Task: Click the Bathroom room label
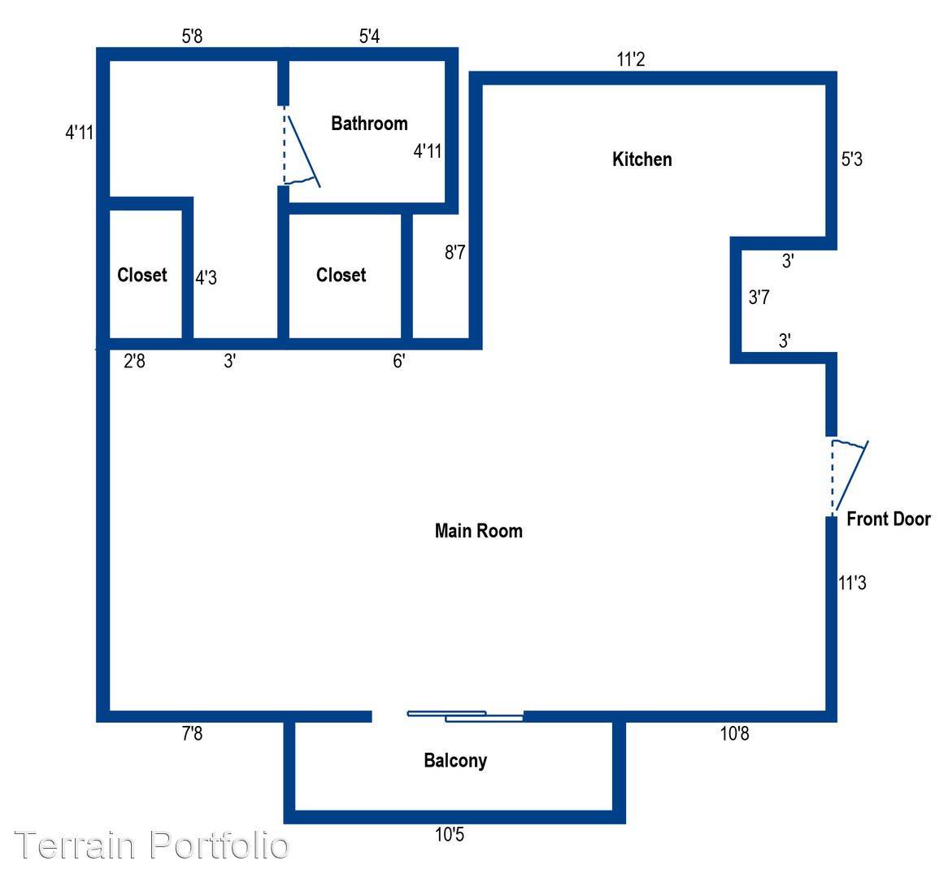point(369,124)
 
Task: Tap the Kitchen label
point(642,159)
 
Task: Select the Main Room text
point(479,531)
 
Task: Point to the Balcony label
point(455,761)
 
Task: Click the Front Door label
point(888,519)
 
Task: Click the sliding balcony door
point(465,716)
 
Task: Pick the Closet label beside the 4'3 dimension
point(142,275)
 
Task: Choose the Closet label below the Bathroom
point(341,275)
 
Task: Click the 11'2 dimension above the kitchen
point(631,59)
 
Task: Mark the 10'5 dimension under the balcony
point(450,835)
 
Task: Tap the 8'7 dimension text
point(455,251)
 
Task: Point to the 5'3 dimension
point(852,159)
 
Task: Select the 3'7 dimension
point(759,298)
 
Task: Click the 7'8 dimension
point(192,733)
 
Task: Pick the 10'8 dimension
point(735,733)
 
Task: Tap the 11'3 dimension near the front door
point(853,583)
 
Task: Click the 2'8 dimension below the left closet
point(134,361)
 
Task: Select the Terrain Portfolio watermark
point(152,845)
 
